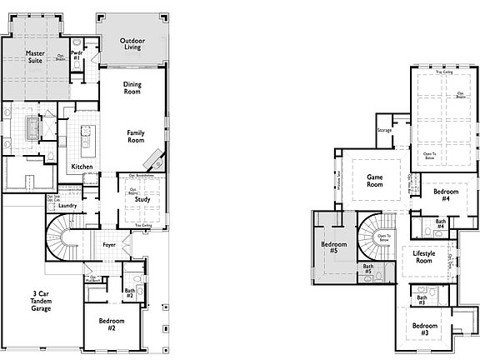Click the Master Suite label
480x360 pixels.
point(34,56)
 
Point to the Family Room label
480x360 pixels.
point(136,137)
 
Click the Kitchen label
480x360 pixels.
point(82,167)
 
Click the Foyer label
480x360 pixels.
point(109,245)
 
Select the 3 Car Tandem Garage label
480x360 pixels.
point(41,301)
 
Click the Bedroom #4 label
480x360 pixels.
point(441,195)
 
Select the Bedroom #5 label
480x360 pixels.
point(334,247)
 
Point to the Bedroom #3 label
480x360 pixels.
point(424,327)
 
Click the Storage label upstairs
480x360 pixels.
point(384,131)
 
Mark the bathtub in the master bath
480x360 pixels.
point(34,129)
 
